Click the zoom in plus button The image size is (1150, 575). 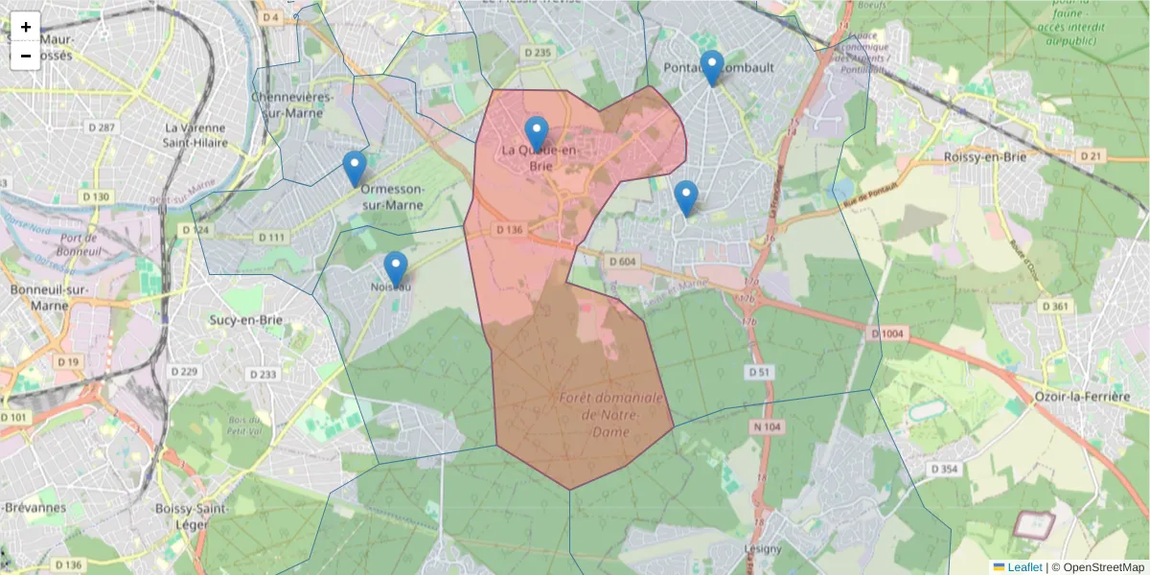pos(26,27)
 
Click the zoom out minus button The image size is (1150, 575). pos(26,56)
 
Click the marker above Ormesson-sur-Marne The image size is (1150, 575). pos(355,169)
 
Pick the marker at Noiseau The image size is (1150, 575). pos(395,269)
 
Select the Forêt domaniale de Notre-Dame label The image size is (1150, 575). pos(610,414)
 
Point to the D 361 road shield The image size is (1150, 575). pos(1054,307)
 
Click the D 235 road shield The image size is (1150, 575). pos(538,53)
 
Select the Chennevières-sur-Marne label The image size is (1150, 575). pos(292,104)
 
